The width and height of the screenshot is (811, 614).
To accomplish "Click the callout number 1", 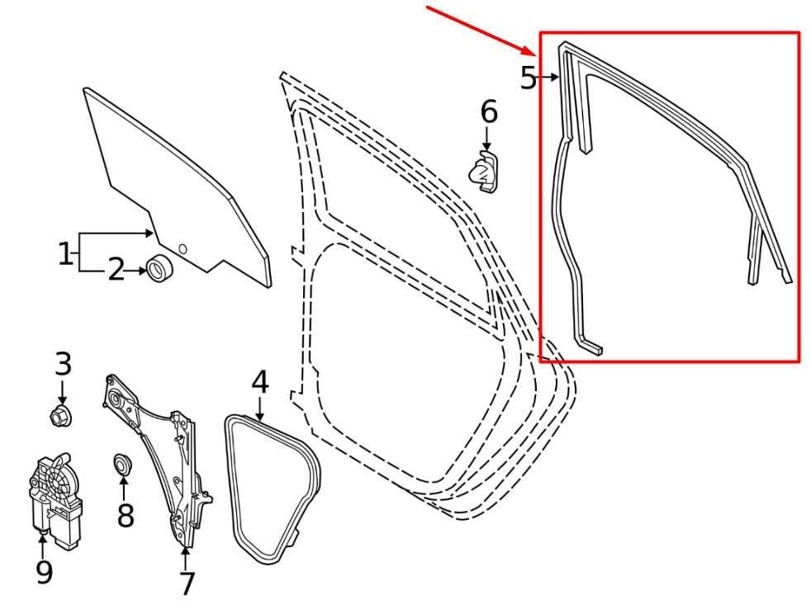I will (x=65, y=253).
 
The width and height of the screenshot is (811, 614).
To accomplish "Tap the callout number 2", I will (x=116, y=269).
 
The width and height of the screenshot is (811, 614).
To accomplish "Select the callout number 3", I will (x=64, y=364).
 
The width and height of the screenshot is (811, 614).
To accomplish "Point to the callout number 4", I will (x=259, y=382).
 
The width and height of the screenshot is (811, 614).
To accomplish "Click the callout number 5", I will (x=529, y=78).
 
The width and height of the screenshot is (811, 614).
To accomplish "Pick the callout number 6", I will (x=489, y=111).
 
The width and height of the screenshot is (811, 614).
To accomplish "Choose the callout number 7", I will (x=187, y=583).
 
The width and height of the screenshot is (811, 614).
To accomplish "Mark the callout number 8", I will (x=125, y=516).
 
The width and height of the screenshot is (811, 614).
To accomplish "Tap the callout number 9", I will (x=43, y=571).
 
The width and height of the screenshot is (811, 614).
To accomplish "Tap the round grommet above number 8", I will (x=122, y=465).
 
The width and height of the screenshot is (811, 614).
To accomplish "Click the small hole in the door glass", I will (x=183, y=248).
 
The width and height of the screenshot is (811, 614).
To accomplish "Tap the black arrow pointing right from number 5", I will (x=551, y=78).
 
